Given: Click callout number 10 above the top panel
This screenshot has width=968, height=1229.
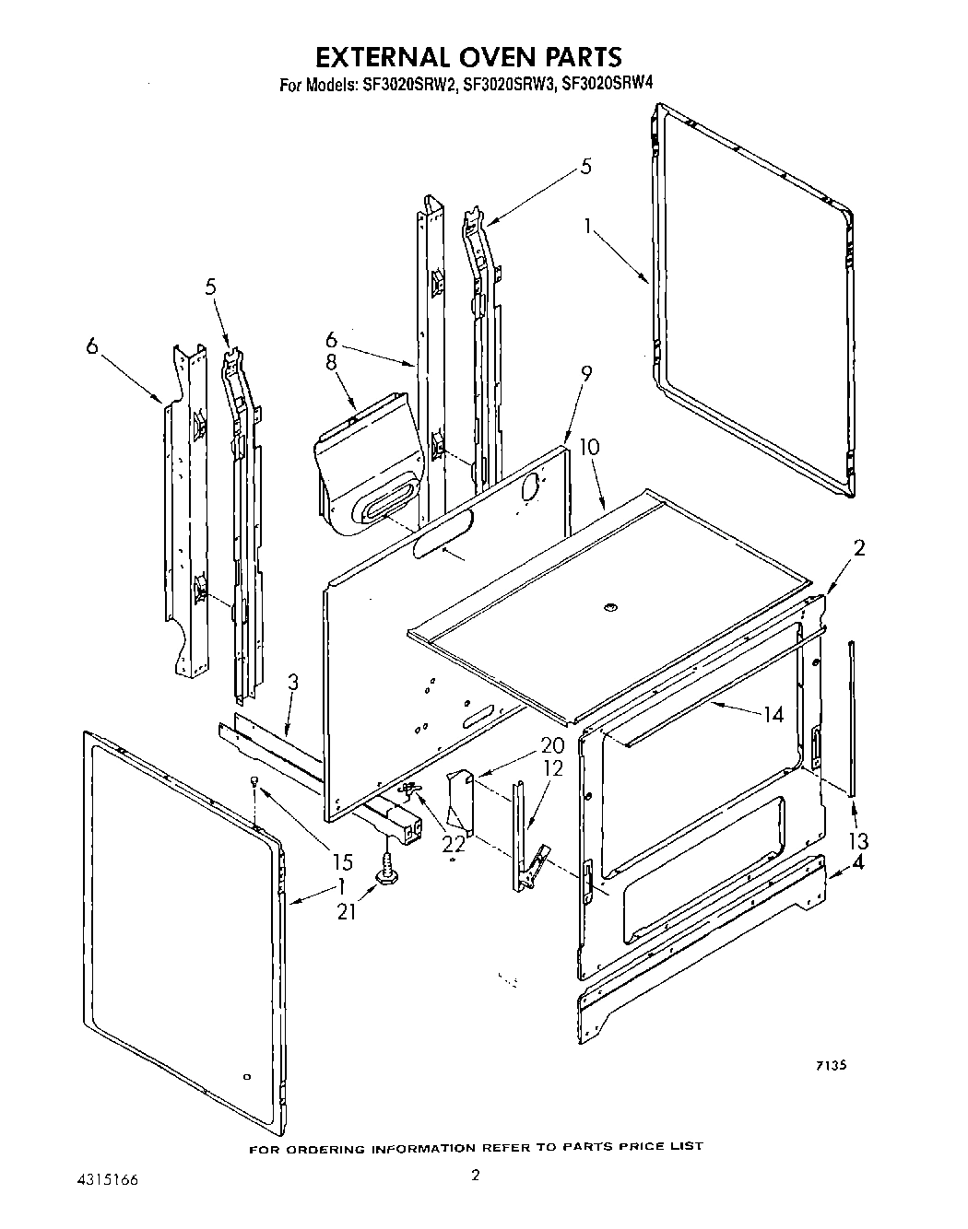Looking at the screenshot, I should click(589, 448).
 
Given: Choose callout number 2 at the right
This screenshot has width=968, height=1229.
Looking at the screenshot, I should click(858, 548).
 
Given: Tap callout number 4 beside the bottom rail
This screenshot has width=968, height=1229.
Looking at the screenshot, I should click(858, 863).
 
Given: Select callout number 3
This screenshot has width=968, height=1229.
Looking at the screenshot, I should click(292, 683).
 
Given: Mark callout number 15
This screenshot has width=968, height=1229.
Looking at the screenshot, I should click(342, 862).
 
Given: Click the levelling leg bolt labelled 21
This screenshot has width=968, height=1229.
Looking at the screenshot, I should click(388, 871).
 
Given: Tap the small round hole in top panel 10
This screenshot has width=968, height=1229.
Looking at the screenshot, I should click(608, 606).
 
